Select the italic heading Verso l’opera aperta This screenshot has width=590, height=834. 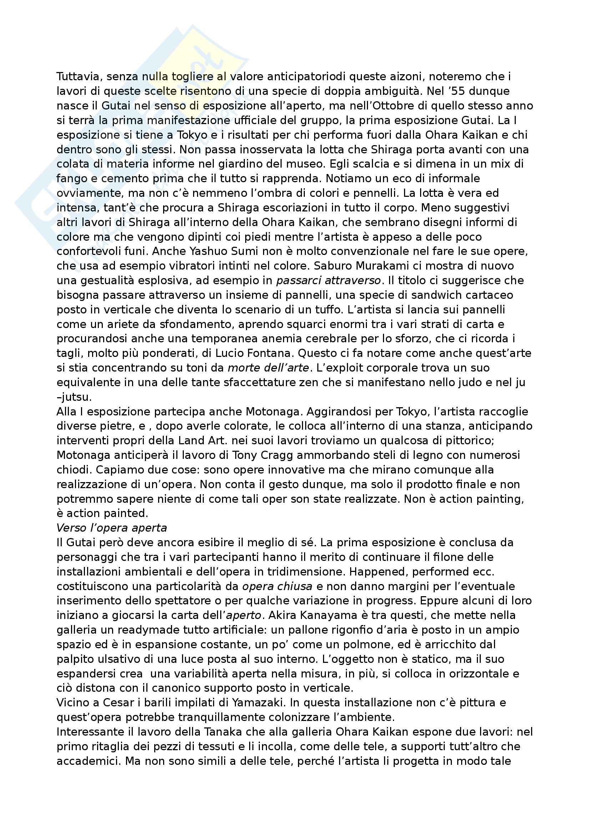pyautogui.click(x=112, y=528)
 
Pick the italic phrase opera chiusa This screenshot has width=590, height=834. pyautogui.click(x=277, y=586)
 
